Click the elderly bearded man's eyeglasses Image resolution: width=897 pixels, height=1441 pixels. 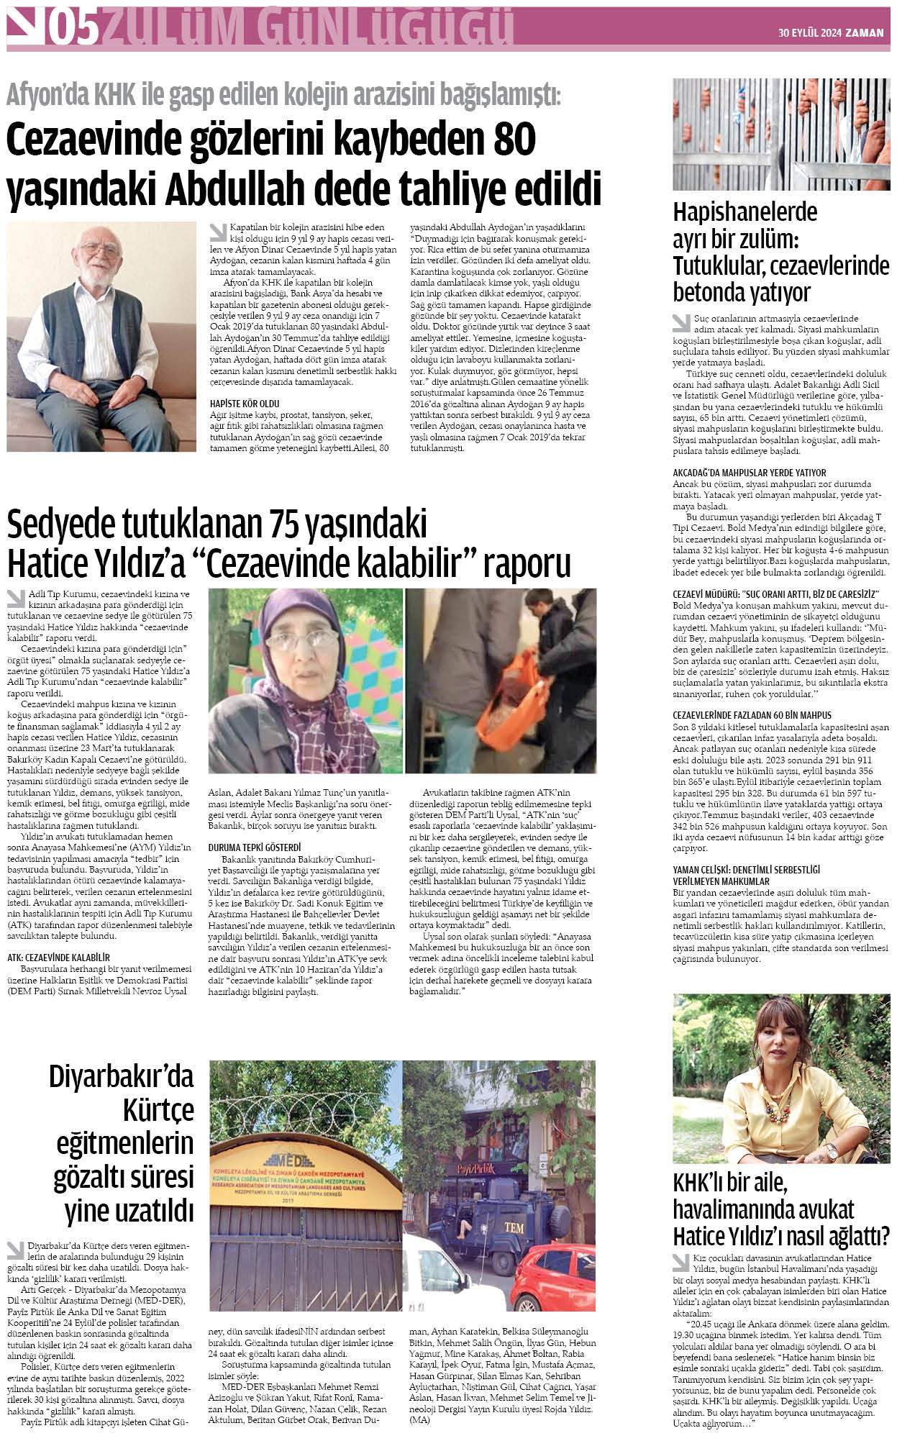click(x=100, y=250)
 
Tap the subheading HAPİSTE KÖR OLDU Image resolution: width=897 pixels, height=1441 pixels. click(x=245, y=404)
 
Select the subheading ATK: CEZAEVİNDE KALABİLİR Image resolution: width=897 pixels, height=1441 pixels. click(x=58, y=958)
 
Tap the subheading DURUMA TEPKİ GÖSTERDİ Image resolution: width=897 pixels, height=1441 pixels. click(x=255, y=847)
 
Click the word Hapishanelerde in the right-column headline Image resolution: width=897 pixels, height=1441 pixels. click(x=745, y=212)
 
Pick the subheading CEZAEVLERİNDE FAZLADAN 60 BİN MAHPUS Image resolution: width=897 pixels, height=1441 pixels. click(x=752, y=716)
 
